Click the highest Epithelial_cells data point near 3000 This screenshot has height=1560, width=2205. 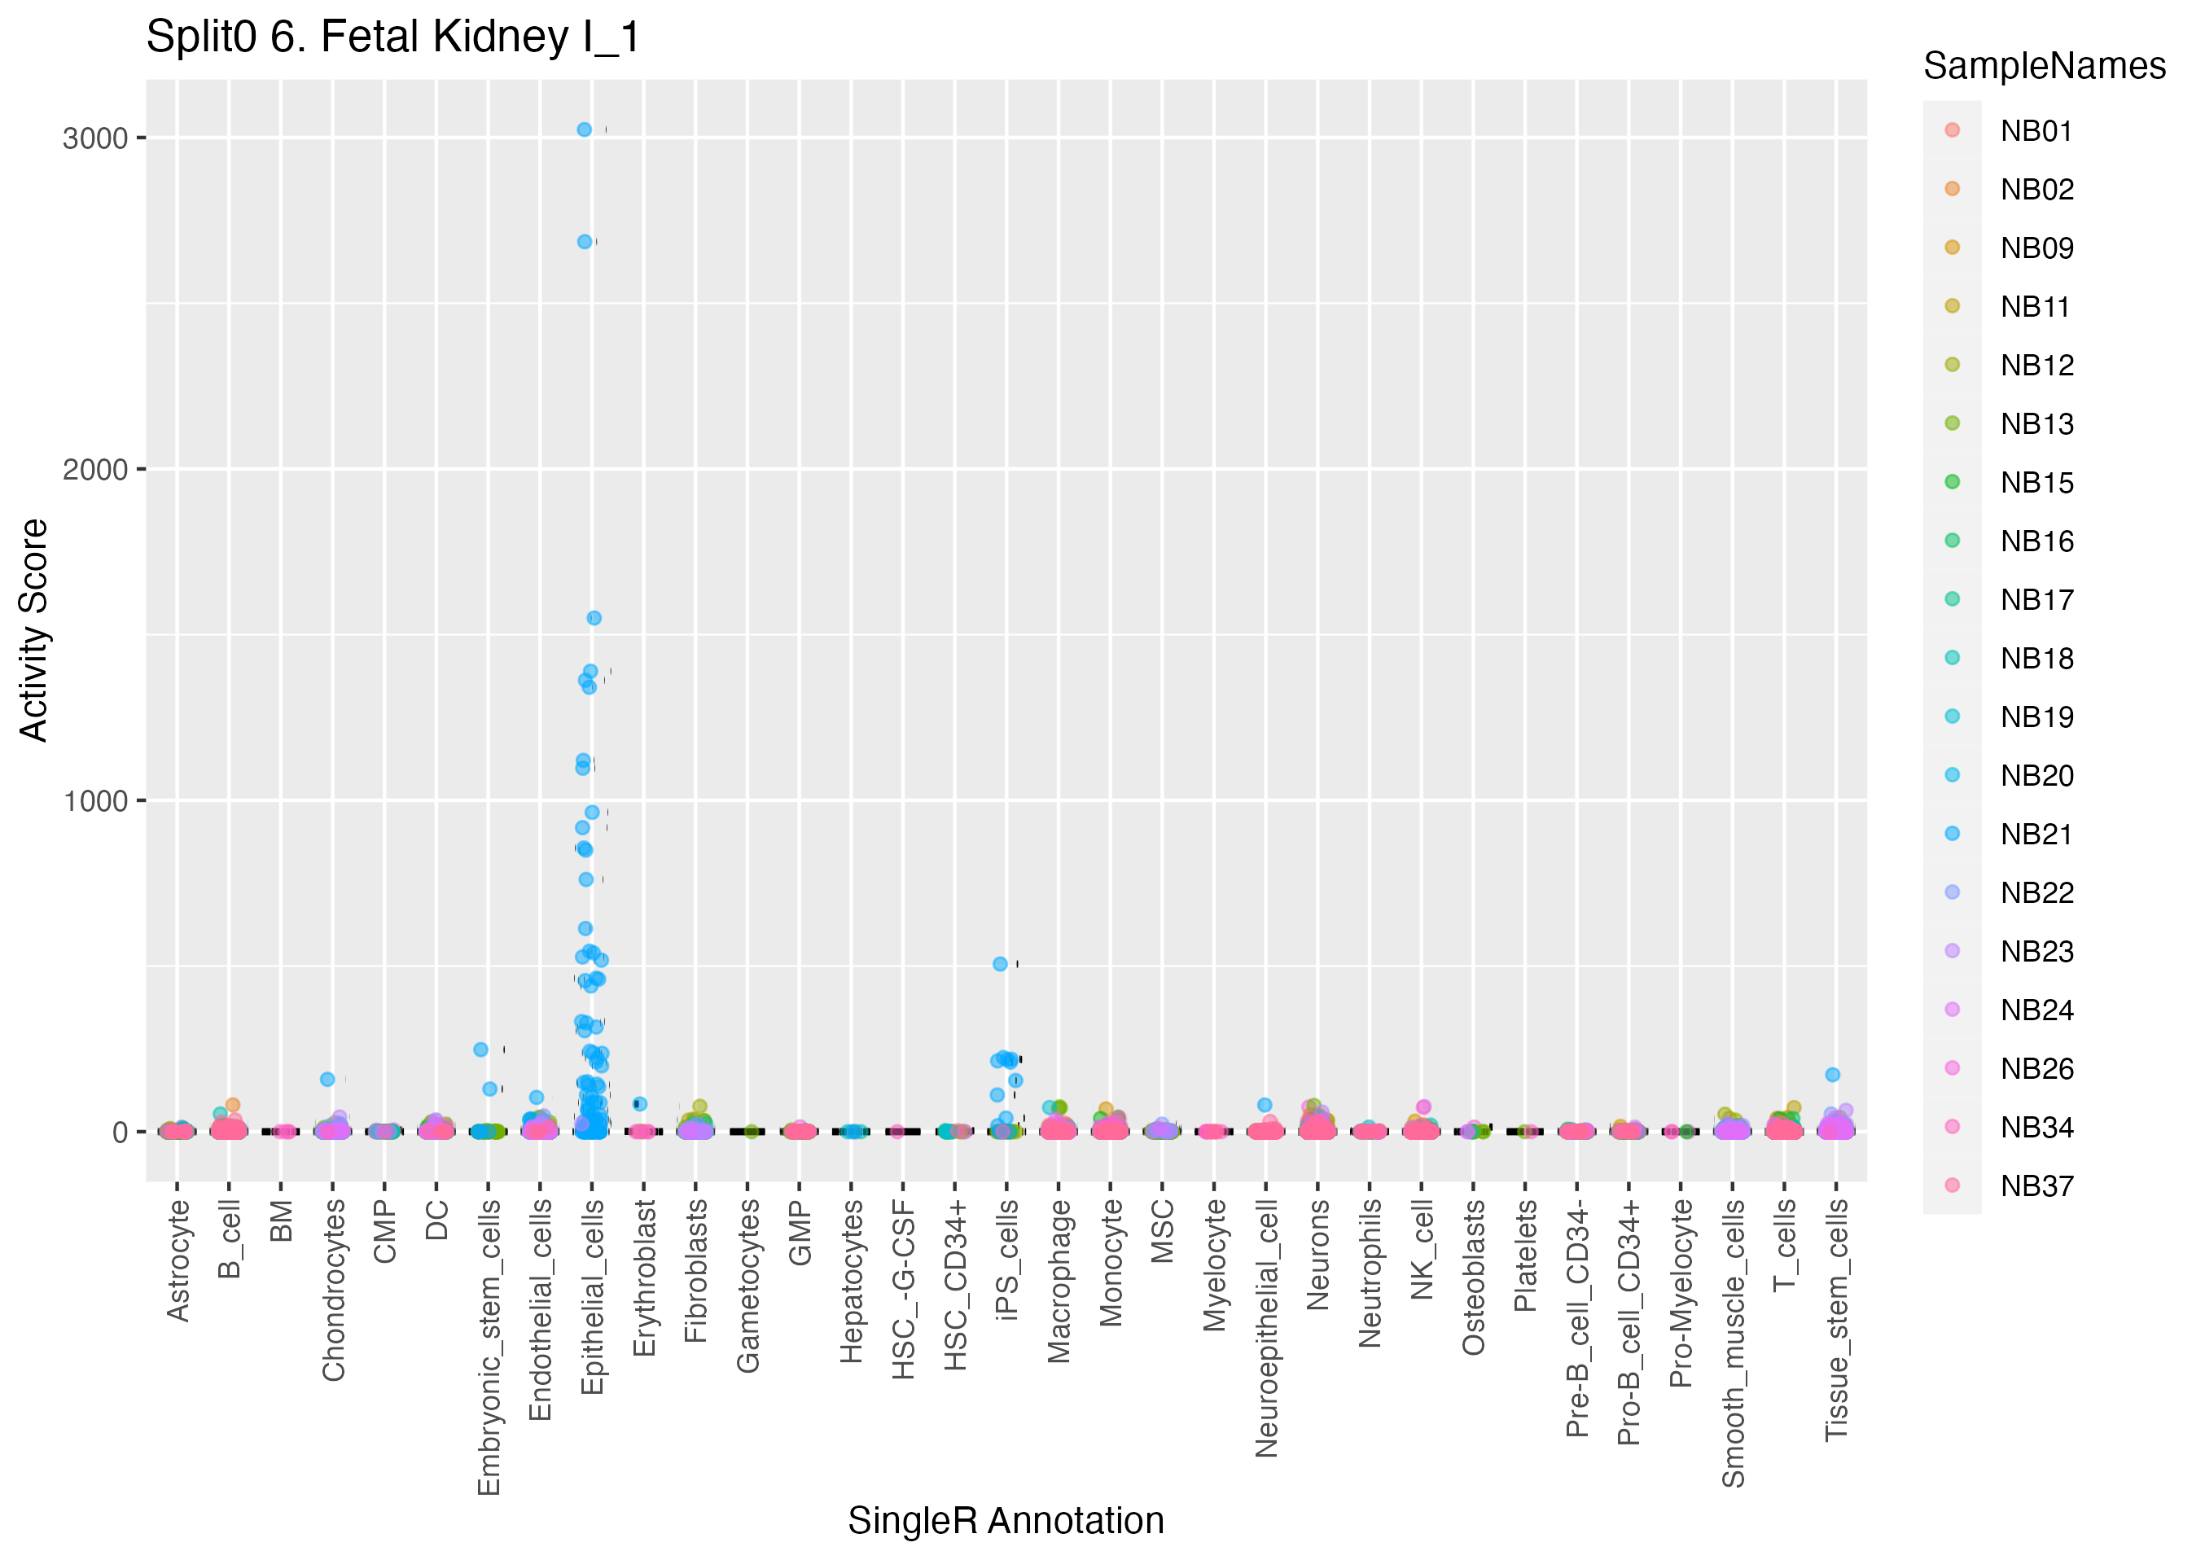point(584,129)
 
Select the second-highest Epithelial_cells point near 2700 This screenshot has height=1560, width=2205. point(584,242)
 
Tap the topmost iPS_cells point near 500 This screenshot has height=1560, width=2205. point(1000,963)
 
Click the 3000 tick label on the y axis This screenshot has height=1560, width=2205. point(95,138)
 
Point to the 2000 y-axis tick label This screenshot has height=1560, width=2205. point(95,470)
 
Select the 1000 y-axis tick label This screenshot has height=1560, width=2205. point(95,801)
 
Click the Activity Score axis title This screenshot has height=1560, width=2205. point(34,630)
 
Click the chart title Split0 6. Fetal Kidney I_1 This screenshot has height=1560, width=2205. point(392,38)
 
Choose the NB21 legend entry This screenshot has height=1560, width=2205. point(2035,834)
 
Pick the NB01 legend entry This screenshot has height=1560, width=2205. point(2035,130)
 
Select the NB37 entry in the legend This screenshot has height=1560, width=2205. point(2035,1186)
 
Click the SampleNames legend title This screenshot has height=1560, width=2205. point(2044,66)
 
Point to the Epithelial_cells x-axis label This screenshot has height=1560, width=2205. point(593,1297)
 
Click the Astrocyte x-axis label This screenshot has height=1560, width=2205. point(178,1260)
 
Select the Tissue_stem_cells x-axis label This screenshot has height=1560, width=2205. point(1836,1320)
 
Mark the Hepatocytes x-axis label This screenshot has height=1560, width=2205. point(851,1282)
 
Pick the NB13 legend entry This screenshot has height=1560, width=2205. point(2035,423)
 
